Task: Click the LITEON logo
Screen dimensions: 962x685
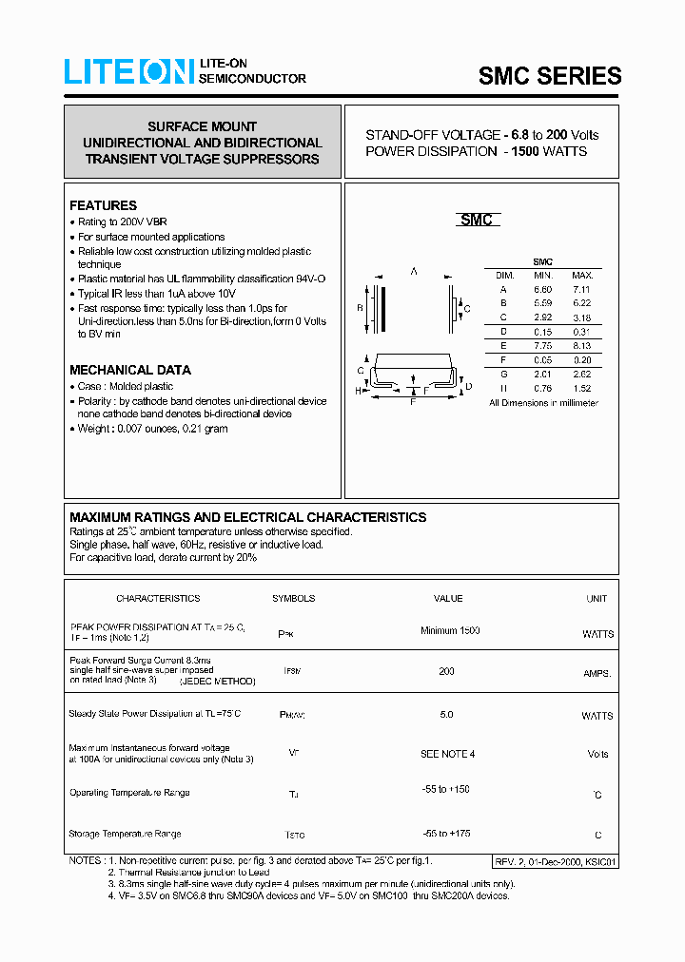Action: coord(128,72)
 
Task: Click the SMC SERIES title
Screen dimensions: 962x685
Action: coord(549,76)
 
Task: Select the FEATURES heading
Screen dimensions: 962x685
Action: coord(103,205)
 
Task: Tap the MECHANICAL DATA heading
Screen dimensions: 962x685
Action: coord(129,370)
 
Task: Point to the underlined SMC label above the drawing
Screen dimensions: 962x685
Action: coord(476,221)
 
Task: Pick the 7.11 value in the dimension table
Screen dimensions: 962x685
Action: coord(581,289)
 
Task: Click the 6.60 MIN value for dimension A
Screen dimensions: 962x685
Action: coord(542,289)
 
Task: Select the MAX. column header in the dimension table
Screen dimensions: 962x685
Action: coord(581,275)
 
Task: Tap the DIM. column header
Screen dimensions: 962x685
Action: coord(504,275)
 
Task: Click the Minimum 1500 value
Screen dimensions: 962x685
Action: coord(449,631)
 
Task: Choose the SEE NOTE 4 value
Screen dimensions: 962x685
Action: coord(447,754)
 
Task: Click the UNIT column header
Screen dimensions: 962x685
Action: coord(597,599)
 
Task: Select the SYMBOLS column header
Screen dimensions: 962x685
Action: coord(293,599)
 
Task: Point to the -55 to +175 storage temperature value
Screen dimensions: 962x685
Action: coord(446,833)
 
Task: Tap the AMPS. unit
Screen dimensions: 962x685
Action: coord(597,673)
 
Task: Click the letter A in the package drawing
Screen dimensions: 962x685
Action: coord(414,272)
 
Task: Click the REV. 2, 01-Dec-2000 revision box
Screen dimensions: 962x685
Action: coord(556,861)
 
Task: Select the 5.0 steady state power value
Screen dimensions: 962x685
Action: coord(447,714)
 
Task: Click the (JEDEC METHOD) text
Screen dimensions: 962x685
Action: coord(221,681)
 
